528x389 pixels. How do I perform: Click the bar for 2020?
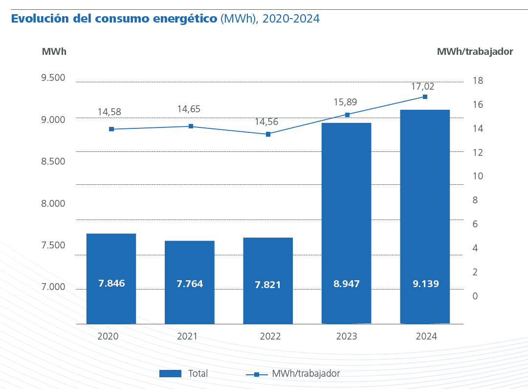(x=111, y=278)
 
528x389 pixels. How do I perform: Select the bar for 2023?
(x=346, y=223)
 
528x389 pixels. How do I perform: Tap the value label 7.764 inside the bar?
(x=190, y=284)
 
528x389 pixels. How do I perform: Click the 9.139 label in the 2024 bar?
(x=425, y=284)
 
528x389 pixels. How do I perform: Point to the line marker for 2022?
(x=268, y=134)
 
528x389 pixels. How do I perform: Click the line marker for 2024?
(x=425, y=97)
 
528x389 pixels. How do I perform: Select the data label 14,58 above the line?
(x=109, y=112)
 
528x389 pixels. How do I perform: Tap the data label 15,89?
(x=345, y=102)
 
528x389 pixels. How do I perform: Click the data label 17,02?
(x=422, y=87)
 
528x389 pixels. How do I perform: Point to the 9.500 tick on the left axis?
(x=53, y=78)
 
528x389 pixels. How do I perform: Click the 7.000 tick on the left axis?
(x=53, y=287)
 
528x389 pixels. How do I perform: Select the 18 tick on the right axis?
(x=478, y=81)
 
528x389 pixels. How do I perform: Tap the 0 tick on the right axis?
(x=475, y=296)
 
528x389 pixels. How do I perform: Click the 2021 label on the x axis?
(x=187, y=337)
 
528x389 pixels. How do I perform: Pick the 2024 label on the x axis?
(x=426, y=337)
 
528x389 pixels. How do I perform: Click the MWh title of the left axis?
(x=54, y=51)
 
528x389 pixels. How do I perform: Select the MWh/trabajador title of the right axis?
(x=475, y=51)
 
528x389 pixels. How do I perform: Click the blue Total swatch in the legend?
(x=170, y=374)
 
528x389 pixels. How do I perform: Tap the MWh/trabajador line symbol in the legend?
(x=257, y=374)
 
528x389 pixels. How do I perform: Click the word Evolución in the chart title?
(x=40, y=19)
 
